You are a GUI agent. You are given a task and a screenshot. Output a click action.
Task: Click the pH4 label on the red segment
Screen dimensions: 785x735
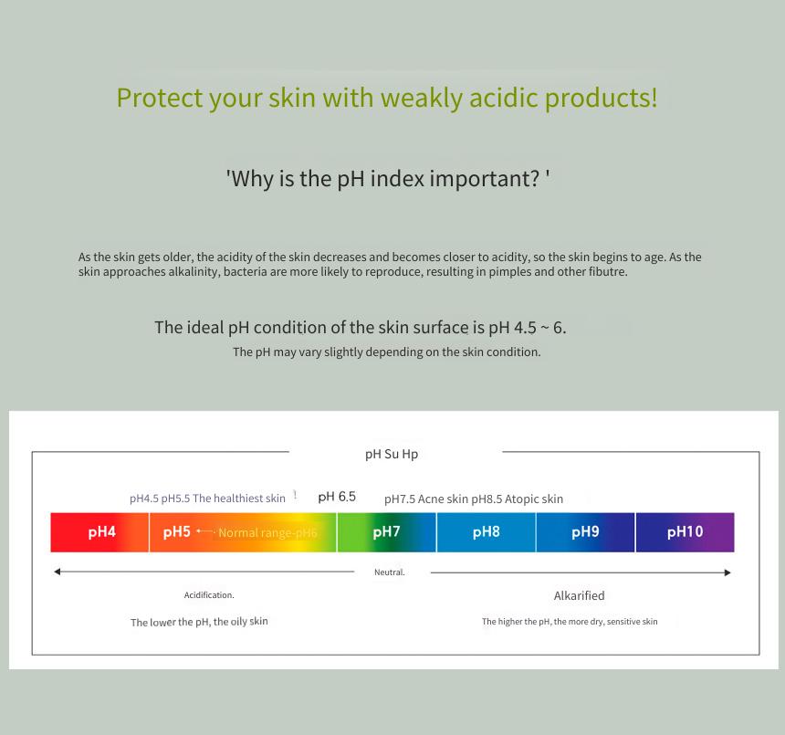tap(101, 531)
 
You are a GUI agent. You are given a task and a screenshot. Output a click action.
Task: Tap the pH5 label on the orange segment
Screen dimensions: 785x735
tap(177, 531)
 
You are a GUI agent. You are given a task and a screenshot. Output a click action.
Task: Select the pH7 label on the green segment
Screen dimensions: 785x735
tap(386, 531)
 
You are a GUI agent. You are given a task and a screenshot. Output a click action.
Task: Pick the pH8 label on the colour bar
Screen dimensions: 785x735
tap(487, 531)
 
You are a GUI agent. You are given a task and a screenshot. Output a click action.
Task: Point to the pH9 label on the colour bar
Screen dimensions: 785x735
tap(585, 531)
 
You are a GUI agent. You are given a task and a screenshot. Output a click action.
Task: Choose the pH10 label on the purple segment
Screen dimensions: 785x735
tap(685, 531)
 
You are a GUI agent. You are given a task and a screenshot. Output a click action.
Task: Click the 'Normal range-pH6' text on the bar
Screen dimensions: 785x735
tap(267, 532)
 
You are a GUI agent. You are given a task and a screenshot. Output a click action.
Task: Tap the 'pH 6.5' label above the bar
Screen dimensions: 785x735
tap(337, 497)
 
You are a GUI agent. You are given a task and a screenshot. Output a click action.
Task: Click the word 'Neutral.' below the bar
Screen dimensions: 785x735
tap(390, 572)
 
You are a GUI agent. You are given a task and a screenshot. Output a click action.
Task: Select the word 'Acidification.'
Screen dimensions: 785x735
tap(209, 594)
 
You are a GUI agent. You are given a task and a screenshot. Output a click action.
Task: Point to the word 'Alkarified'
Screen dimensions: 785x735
tap(580, 595)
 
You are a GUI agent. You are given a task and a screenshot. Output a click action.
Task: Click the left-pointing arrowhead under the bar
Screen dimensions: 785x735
tap(58, 572)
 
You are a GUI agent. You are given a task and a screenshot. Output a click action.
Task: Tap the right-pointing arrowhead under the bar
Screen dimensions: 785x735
tap(727, 572)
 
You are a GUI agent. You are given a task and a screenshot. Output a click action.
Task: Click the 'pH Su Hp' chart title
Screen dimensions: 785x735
tap(392, 454)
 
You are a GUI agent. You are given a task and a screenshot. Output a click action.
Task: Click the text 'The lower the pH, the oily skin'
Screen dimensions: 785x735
tap(199, 622)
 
